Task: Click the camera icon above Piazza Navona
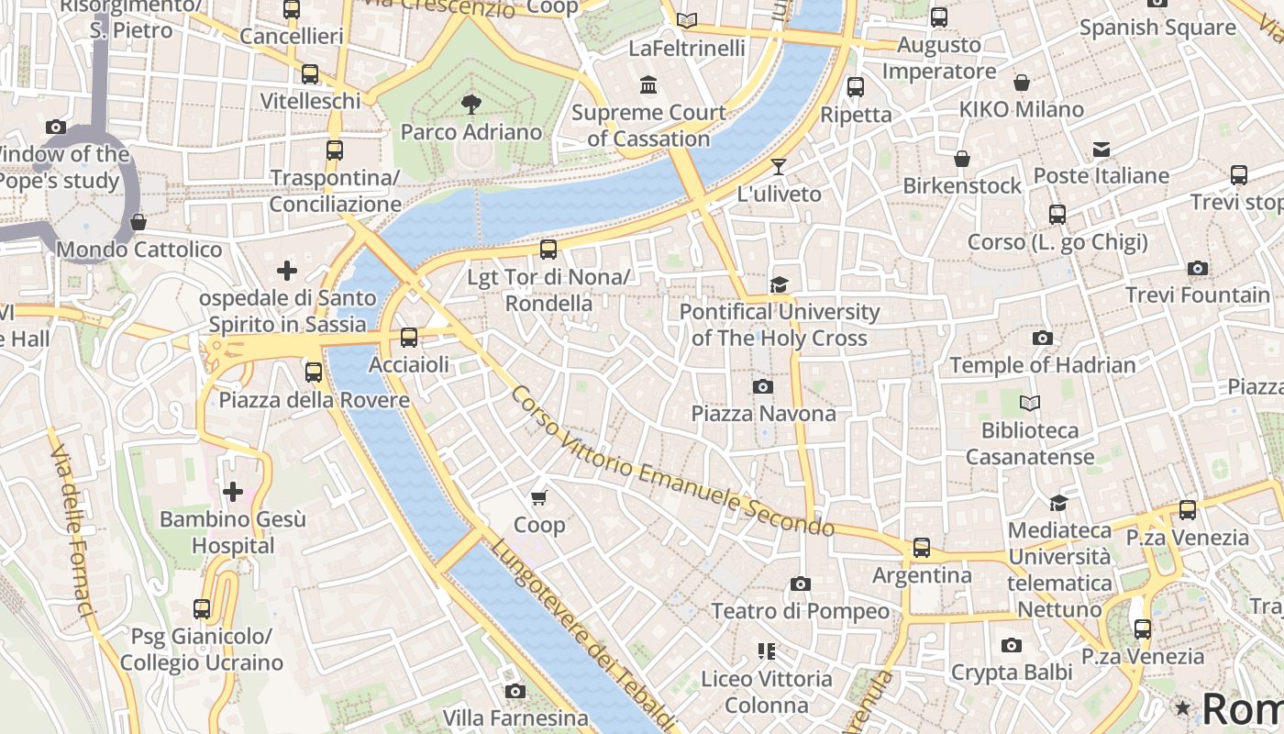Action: click(762, 387)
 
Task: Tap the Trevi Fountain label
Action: click(1197, 295)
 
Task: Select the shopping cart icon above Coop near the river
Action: click(539, 497)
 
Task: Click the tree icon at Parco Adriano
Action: click(471, 104)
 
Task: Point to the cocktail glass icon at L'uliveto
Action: click(779, 167)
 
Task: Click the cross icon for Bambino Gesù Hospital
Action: click(233, 492)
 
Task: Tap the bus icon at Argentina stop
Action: click(922, 548)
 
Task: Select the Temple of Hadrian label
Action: click(1043, 365)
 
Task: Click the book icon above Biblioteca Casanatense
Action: click(1030, 403)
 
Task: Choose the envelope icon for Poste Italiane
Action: click(1101, 150)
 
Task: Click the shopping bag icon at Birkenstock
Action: click(961, 160)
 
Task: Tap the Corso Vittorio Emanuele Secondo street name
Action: click(671, 462)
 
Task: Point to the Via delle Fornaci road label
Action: click(72, 532)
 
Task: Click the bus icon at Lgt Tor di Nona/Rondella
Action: click(548, 249)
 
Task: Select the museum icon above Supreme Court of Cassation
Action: click(648, 85)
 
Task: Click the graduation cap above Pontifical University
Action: click(779, 284)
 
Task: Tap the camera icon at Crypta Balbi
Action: click(1011, 646)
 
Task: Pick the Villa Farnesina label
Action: click(515, 717)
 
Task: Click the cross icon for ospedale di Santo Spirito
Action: click(287, 271)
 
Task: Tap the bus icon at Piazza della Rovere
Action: click(314, 372)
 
